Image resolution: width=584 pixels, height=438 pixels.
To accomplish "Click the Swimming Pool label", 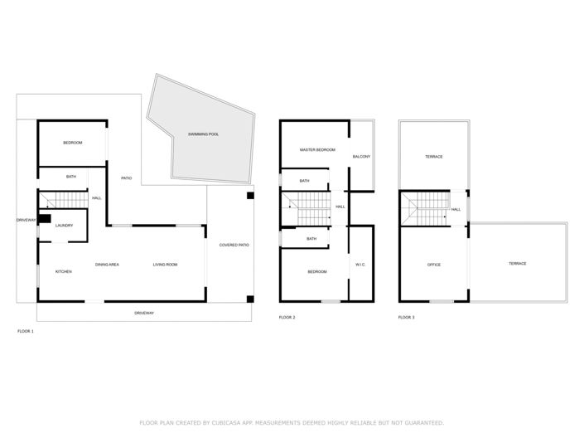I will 203,134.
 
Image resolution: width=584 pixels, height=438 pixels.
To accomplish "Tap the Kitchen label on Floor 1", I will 63,272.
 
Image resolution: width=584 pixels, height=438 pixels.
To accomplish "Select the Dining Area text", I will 107,265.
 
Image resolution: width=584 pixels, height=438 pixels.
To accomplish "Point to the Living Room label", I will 165,265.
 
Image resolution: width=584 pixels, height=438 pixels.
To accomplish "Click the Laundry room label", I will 64,226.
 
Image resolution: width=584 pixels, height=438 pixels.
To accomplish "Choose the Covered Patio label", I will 234,246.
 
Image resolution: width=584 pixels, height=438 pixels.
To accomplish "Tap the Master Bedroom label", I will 317,149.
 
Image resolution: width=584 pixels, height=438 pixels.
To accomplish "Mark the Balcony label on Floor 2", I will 361,157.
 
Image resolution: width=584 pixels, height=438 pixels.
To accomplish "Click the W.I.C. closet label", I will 360,265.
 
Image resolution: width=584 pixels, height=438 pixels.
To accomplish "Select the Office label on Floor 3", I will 434,265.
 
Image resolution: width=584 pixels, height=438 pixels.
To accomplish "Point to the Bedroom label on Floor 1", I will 73,143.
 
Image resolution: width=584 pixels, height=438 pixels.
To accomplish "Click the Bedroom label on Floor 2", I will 317,272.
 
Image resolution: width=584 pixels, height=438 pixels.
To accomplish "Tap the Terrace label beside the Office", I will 517,264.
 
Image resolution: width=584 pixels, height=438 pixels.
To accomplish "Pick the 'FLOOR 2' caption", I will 287,318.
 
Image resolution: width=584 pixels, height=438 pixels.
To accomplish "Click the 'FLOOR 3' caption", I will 406,318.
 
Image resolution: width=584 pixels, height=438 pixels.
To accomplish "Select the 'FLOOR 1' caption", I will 26,331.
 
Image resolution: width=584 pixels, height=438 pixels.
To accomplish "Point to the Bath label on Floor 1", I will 71,177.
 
